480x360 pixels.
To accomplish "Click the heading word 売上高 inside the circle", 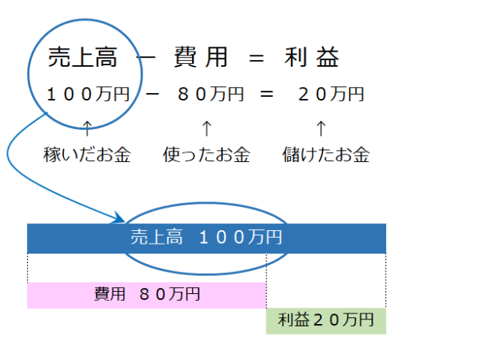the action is click(x=82, y=57).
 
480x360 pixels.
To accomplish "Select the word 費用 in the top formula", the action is click(x=201, y=57).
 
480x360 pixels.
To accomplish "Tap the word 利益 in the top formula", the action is click(x=312, y=57).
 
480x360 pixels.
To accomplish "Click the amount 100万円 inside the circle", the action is click(x=88, y=94).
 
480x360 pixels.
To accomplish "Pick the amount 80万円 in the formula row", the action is click(x=211, y=94).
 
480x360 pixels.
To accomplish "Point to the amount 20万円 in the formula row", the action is click(x=331, y=94).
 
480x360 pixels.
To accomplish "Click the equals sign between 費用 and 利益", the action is click(x=256, y=58).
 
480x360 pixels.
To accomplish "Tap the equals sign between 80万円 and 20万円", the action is click(x=267, y=94).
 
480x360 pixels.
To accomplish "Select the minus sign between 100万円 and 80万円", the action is click(x=152, y=94).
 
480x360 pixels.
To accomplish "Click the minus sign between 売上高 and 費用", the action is click(x=147, y=57).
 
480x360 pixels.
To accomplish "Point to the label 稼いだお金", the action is click(x=87, y=154).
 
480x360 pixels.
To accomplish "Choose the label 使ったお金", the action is click(x=207, y=154).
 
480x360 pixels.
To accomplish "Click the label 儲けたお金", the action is click(x=326, y=154).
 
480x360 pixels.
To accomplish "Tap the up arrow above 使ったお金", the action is click(x=207, y=128).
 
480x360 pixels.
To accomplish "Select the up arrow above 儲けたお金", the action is click(x=321, y=128).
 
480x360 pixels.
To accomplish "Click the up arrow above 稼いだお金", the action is click(x=88, y=128).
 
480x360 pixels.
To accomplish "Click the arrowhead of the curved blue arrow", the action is click(x=120, y=217).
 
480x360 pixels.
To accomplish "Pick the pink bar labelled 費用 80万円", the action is click(x=147, y=295).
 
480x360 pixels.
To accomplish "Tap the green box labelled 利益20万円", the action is click(x=326, y=321).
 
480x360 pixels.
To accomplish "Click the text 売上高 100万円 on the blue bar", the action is click(x=206, y=237).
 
